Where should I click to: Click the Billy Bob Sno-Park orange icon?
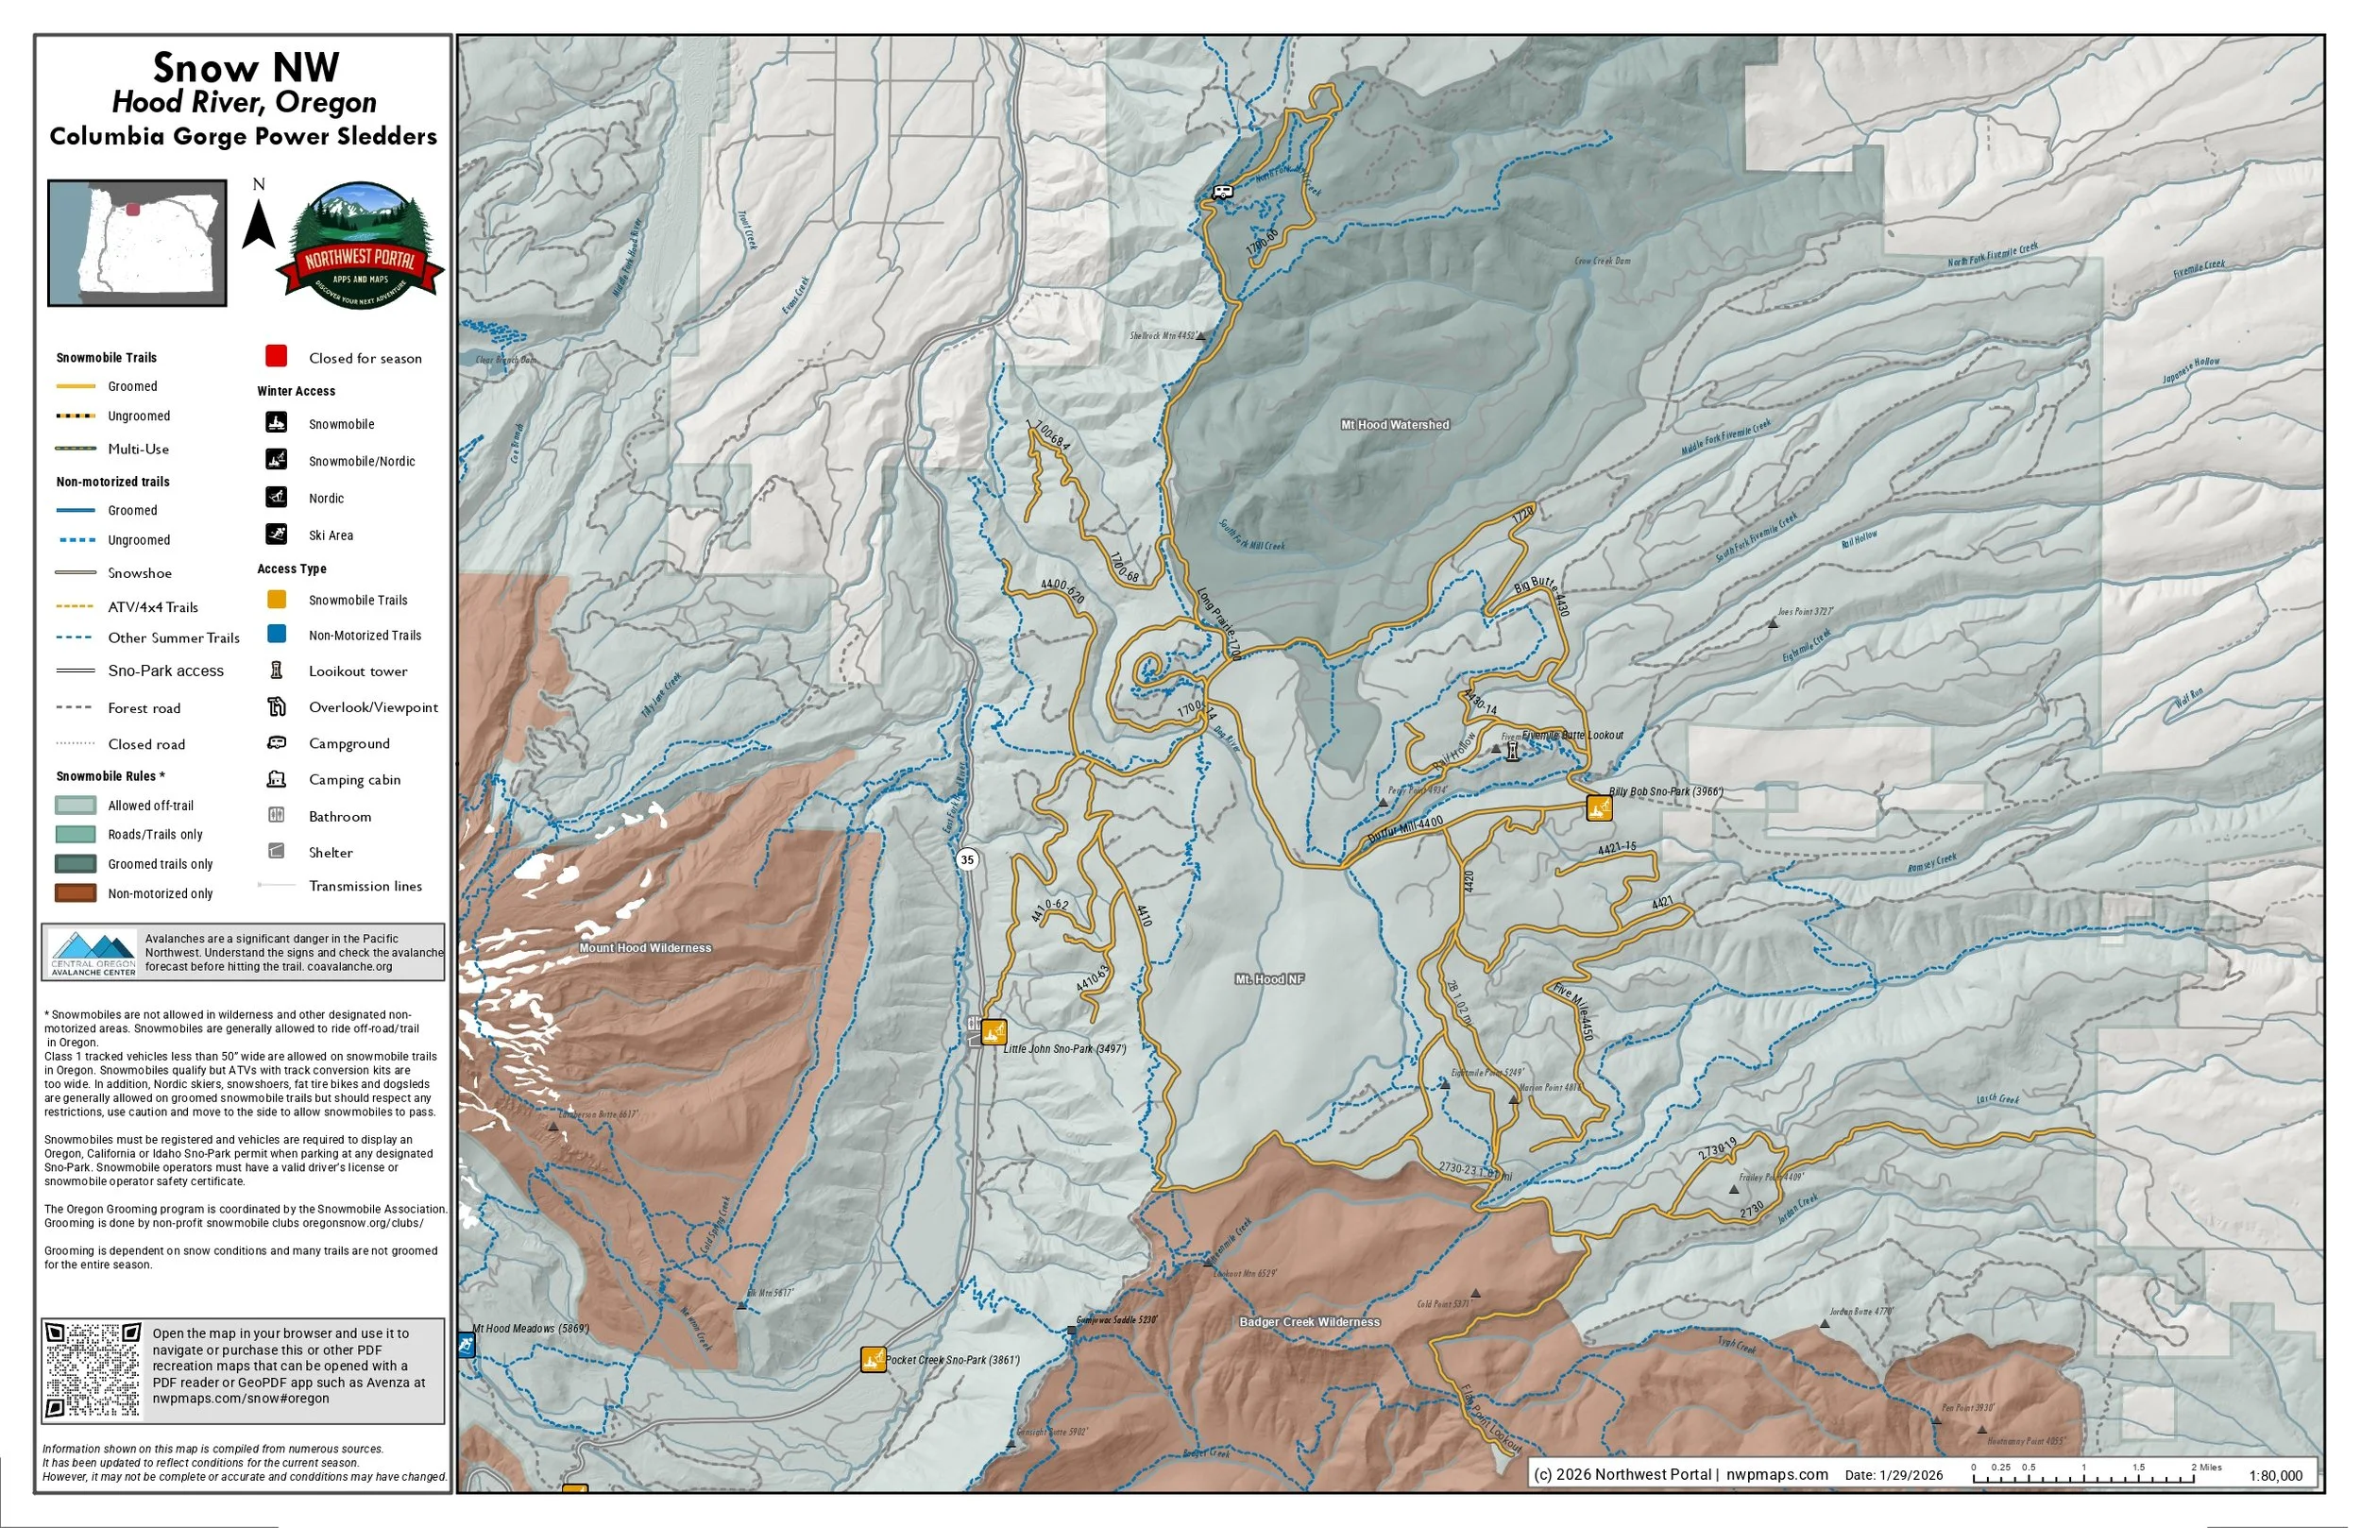pyautogui.click(x=1598, y=807)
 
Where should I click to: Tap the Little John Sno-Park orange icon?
pyautogui.click(x=993, y=1032)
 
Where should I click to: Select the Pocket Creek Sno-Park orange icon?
pyautogui.click(x=873, y=1359)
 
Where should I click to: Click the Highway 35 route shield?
pyautogui.click(x=967, y=859)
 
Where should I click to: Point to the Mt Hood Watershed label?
pyautogui.click(x=1395, y=425)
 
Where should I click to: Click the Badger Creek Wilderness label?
pyautogui.click(x=1310, y=1321)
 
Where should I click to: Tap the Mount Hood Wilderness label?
pyautogui.click(x=645, y=947)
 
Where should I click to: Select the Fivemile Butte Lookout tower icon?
pyautogui.click(x=1512, y=751)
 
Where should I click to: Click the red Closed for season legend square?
pyautogui.click(x=277, y=356)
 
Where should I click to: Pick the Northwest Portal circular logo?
pyautogui.click(x=359, y=246)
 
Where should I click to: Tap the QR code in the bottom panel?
pyautogui.click(x=93, y=1370)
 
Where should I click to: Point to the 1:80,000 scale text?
pyautogui.click(x=2275, y=1475)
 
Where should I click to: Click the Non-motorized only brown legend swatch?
pyautogui.click(x=76, y=893)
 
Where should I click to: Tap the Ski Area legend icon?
pyautogui.click(x=277, y=534)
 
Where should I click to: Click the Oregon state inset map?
pyautogui.click(x=138, y=243)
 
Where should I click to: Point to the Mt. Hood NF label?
pyautogui.click(x=1268, y=979)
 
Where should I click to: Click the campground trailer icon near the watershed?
pyautogui.click(x=1222, y=193)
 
